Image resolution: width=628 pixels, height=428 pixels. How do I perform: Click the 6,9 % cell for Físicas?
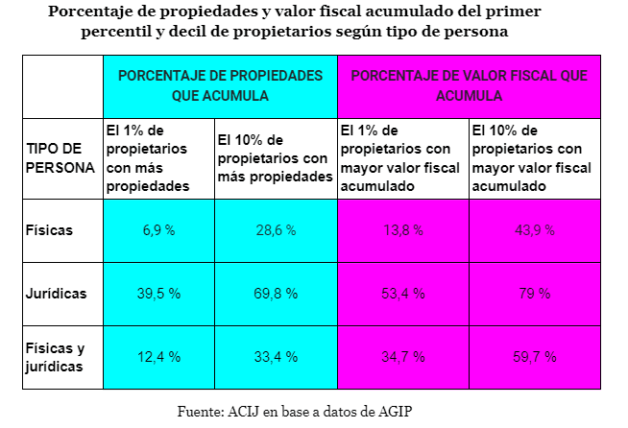coord(158,230)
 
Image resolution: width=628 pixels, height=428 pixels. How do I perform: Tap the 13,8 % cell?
coord(403,230)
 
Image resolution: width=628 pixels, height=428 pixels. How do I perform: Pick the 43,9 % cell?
coord(535,230)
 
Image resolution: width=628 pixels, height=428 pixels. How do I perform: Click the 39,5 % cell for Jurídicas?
coord(158,294)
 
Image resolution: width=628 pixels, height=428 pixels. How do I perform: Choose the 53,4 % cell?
coord(403,294)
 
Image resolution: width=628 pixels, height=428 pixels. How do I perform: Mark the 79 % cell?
coord(535,294)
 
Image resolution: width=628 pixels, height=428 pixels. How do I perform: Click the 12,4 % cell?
coord(158,357)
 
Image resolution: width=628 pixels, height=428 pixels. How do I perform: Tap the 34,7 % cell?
coord(403,357)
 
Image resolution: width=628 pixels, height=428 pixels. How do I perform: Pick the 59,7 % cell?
coord(535,357)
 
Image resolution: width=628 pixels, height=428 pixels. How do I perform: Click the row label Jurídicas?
coord(57,294)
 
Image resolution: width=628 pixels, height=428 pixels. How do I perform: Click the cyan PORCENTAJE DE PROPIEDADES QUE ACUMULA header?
coord(220,85)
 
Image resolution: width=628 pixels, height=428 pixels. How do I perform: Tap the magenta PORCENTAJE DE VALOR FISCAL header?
coord(469,85)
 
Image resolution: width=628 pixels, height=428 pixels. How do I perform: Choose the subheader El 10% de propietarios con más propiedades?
coord(275,158)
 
